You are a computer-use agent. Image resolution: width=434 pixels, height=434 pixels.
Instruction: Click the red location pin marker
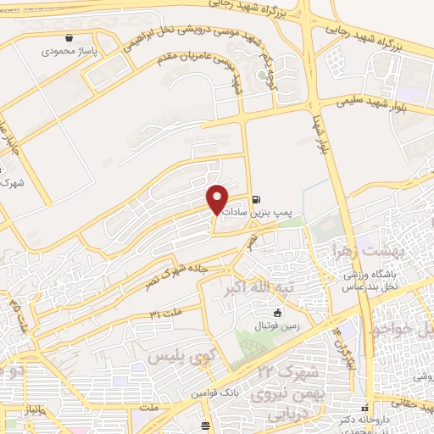coord(218,198)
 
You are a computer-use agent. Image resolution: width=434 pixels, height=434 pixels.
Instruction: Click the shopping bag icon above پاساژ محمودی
coord(69,37)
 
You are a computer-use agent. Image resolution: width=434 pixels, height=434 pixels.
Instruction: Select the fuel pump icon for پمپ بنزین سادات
coord(256,201)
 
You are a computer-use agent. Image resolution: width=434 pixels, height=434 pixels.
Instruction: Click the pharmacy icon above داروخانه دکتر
coord(365,409)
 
